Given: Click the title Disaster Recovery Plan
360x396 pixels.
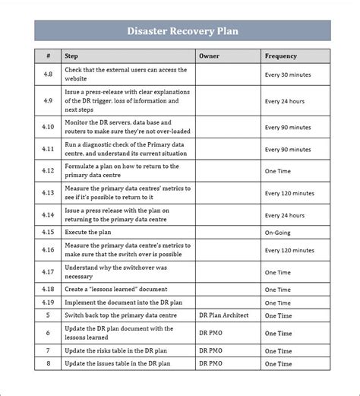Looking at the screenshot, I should pos(182,31).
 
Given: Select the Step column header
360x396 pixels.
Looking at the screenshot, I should pos(71,55).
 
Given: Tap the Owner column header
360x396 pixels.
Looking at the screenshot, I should pos(209,55).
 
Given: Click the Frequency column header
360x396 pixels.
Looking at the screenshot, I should pos(281,55).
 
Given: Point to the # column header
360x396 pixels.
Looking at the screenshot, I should pos(48,55).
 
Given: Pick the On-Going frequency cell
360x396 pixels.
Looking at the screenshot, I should pos(279,231).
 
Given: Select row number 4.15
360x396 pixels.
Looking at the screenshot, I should pos(48,231).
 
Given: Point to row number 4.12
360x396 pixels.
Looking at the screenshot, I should pos(48,172).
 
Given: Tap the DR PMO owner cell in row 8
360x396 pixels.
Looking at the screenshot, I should pos(210,364).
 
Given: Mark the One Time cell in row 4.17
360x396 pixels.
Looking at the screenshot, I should pos(277,272).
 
